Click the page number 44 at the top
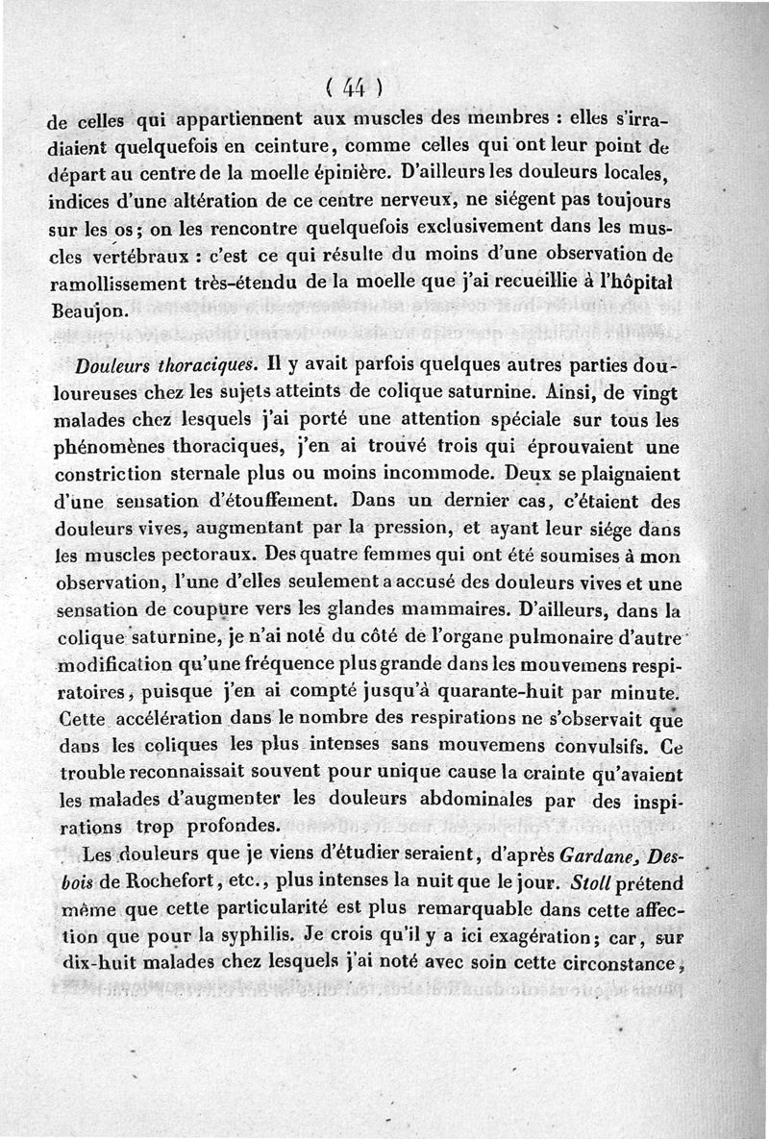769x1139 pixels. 354,87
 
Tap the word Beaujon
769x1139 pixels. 87,312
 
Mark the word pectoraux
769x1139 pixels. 205,557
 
